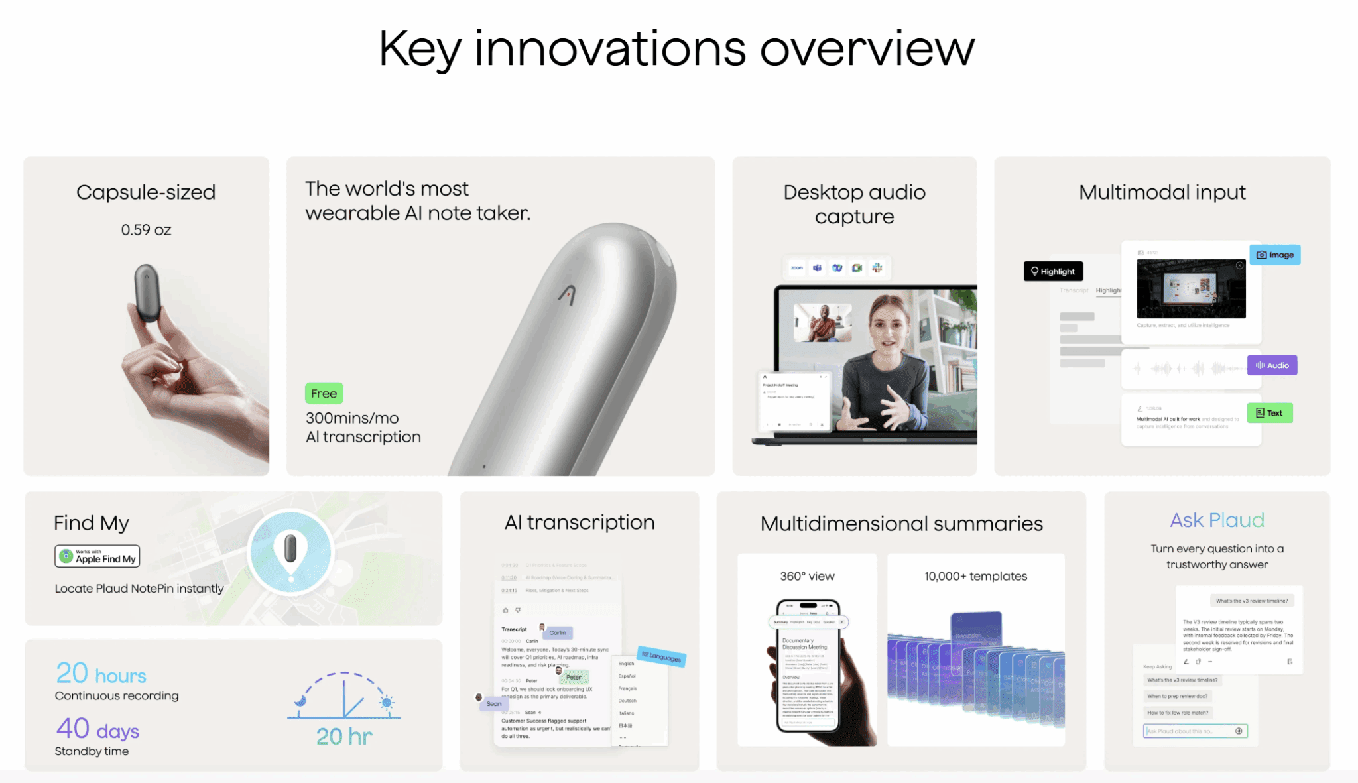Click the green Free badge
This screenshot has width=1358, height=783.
(324, 393)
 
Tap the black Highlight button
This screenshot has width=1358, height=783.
(1053, 271)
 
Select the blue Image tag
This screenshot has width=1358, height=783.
(1274, 255)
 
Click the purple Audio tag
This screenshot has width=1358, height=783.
(1272, 365)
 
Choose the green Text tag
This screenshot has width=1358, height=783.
(1269, 413)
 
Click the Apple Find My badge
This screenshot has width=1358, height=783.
(97, 556)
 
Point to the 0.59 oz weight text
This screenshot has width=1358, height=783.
(146, 230)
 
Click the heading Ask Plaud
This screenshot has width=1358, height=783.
(1217, 520)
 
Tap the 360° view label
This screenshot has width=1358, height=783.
(807, 576)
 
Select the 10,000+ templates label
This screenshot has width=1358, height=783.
(975, 576)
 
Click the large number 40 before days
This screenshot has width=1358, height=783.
(73, 728)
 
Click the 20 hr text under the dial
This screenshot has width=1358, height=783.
(344, 736)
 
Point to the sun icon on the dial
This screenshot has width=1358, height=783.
(386, 703)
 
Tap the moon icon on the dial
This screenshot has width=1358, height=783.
(301, 700)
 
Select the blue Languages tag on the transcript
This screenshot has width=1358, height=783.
(661, 656)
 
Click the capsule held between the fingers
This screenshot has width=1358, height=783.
(147, 292)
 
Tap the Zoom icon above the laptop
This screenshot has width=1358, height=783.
(796, 268)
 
